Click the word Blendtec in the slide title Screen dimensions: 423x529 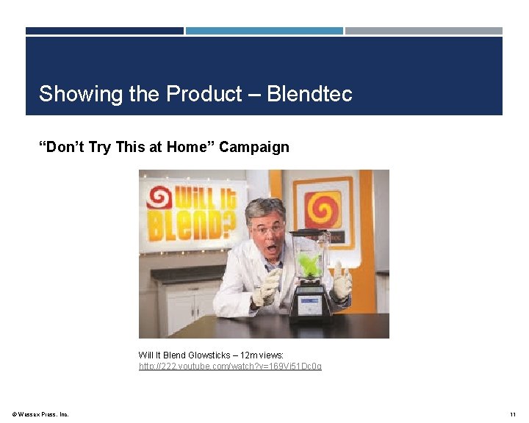[x=309, y=94]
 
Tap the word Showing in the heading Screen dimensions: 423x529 [x=78, y=94]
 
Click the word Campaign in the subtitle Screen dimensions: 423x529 [x=254, y=147]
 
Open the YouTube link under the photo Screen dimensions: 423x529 [x=230, y=366]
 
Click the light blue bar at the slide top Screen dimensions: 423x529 [x=264, y=31]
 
